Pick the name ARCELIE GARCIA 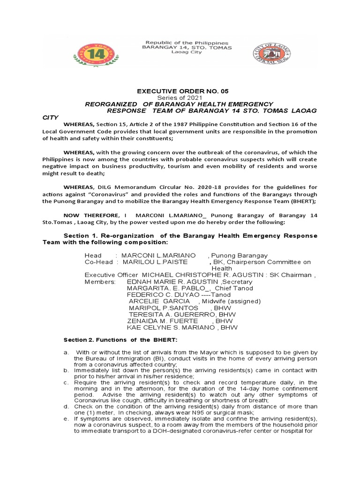pyautogui.click(x=159, y=301)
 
